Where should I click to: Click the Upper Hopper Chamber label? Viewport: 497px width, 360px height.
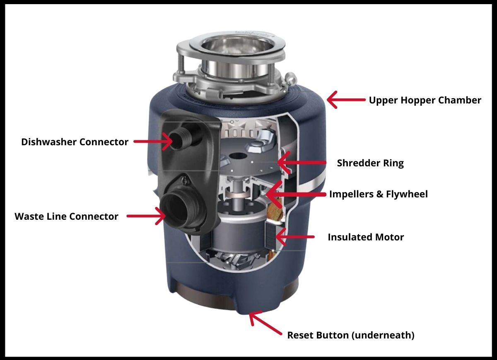pyautogui.click(x=425, y=100)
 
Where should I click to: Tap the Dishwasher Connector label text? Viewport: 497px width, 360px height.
pyautogui.click(x=75, y=142)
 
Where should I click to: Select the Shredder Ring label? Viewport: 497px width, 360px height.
pyautogui.click(x=370, y=163)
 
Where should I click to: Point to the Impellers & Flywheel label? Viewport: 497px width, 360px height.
pyautogui.click(x=378, y=194)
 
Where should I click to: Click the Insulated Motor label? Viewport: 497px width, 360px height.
pyautogui.click(x=366, y=237)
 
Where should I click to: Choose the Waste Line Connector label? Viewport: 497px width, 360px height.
pyautogui.click(x=66, y=216)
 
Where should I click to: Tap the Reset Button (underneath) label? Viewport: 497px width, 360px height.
pyautogui.click(x=351, y=335)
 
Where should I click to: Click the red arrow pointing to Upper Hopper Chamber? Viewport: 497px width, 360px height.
pyautogui.click(x=345, y=100)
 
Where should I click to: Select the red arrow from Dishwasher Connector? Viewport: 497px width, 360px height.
pyautogui.click(x=154, y=141)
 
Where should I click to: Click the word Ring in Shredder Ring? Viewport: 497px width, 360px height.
pyautogui.click(x=393, y=163)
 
